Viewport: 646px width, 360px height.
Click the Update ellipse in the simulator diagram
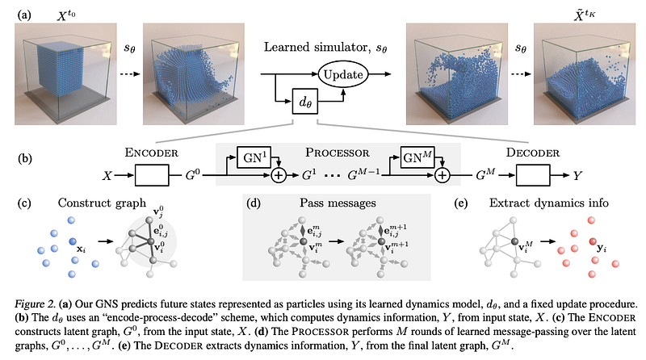coord(342,74)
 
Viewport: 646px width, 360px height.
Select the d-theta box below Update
coord(305,101)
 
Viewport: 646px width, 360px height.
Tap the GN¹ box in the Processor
coord(254,157)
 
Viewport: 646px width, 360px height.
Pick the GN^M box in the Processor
coord(417,157)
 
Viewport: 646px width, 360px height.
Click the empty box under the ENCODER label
coord(152,175)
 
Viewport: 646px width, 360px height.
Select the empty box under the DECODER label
coord(533,175)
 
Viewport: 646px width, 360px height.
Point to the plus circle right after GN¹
coord(279,175)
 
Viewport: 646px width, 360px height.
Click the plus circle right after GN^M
coord(442,175)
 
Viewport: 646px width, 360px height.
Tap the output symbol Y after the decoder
coord(577,176)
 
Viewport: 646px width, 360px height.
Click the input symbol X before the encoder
coord(107,176)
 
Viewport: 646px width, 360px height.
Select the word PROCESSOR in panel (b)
coord(338,153)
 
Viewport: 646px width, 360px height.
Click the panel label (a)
coord(24,15)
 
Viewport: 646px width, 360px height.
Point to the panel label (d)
coord(254,203)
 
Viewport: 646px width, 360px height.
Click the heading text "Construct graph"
coord(102,203)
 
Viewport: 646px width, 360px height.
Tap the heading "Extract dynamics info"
coord(549,203)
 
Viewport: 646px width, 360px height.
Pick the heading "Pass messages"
coord(338,203)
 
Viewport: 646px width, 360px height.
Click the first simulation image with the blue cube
coord(65,73)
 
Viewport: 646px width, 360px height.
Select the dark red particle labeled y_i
coord(593,242)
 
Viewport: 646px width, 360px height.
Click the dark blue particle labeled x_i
coord(73,241)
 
